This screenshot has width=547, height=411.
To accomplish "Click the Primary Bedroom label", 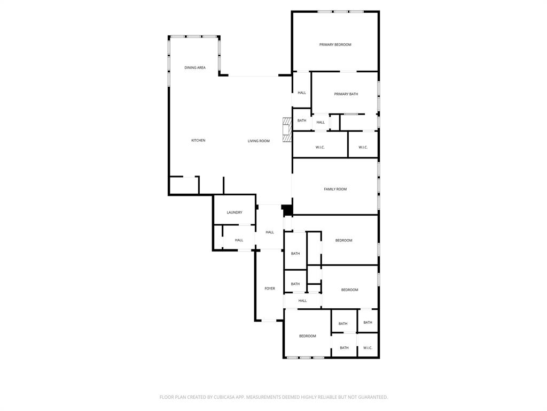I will tap(335, 44).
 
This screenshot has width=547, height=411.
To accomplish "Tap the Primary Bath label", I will tap(346, 94).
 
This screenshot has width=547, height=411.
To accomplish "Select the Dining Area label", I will tap(195, 68).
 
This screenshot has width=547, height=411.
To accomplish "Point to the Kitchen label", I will tap(198, 141).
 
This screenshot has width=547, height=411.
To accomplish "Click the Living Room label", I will tap(259, 141).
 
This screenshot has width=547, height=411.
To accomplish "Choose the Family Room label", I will tap(335, 189).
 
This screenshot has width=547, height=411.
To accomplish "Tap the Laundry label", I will tap(235, 212).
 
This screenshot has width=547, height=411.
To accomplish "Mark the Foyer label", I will tap(270, 288).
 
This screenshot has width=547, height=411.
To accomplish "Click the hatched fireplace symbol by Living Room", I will tap(287, 130).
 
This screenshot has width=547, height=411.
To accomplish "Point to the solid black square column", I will tap(287, 210).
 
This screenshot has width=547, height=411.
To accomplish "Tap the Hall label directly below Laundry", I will tap(239, 240).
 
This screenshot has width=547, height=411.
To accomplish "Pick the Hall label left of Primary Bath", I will tap(302, 93).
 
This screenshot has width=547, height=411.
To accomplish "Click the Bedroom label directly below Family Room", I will tap(344, 241).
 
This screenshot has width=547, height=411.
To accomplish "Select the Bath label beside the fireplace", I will tap(302, 120).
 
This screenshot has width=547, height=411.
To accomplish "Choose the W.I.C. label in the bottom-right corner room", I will tap(368, 348).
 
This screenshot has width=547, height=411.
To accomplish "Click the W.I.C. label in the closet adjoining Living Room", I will tap(321, 147).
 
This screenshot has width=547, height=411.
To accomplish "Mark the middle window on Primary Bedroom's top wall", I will tap(341, 12).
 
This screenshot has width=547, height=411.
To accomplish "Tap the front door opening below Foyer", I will tap(269, 321).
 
